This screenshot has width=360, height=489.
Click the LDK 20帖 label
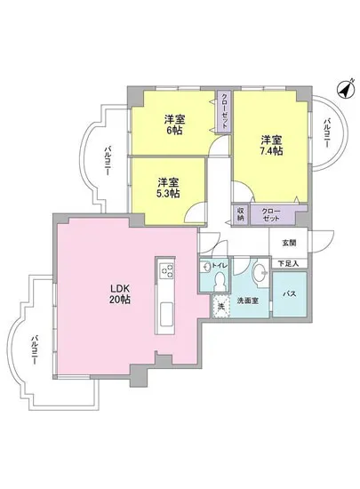tap(120, 294)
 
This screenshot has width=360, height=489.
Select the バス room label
tap(289, 293)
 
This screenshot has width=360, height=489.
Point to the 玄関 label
tap(290, 242)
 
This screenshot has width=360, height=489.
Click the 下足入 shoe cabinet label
tap(290, 262)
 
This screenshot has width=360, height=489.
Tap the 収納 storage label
tap(241, 215)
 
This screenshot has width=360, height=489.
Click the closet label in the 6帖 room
tap(225, 112)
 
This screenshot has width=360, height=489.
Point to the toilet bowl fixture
tap(220, 280)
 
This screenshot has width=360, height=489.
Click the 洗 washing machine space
tap(221, 307)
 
